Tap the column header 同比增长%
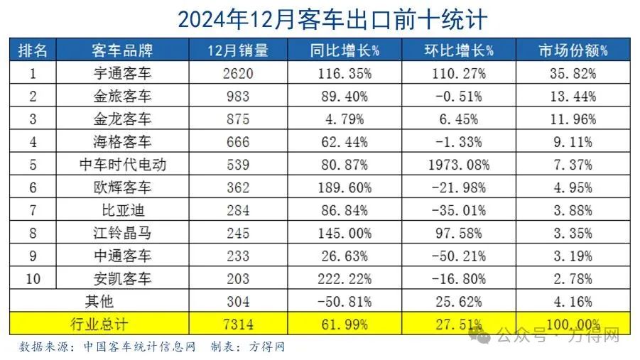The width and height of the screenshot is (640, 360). [345, 50]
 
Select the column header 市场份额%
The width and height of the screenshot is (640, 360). [573, 50]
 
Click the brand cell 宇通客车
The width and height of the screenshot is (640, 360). [122, 73]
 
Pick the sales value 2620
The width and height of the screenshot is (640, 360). [230, 73]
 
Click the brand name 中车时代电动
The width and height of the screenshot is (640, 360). [122, 165]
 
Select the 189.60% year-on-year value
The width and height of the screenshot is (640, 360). [345, 187]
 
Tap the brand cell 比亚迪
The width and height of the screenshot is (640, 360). [122, 210]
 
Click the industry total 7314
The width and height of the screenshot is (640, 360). [230, 324]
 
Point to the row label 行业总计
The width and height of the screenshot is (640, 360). [99, 324]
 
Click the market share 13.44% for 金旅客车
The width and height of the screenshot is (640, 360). [573, 96]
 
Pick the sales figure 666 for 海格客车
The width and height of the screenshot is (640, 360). [230, 141]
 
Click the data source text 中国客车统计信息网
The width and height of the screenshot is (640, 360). [139, 347]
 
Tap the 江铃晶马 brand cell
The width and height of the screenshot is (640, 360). [122, 233]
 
